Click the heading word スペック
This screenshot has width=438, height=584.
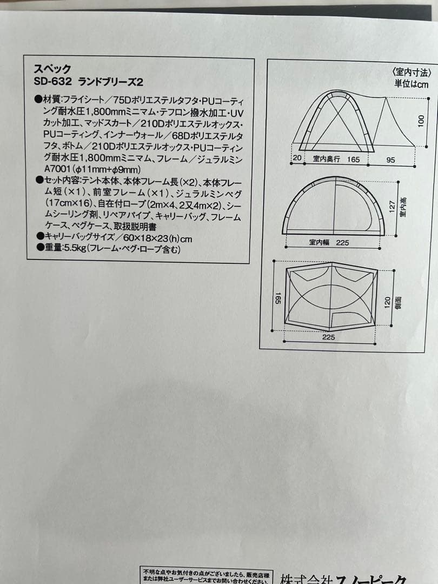52,69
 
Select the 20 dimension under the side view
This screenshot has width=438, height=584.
297,159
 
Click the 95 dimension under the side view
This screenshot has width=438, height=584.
391,160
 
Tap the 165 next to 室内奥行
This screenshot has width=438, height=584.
353,160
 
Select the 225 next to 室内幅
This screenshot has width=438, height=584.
342,243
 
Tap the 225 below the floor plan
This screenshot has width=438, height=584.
328,337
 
